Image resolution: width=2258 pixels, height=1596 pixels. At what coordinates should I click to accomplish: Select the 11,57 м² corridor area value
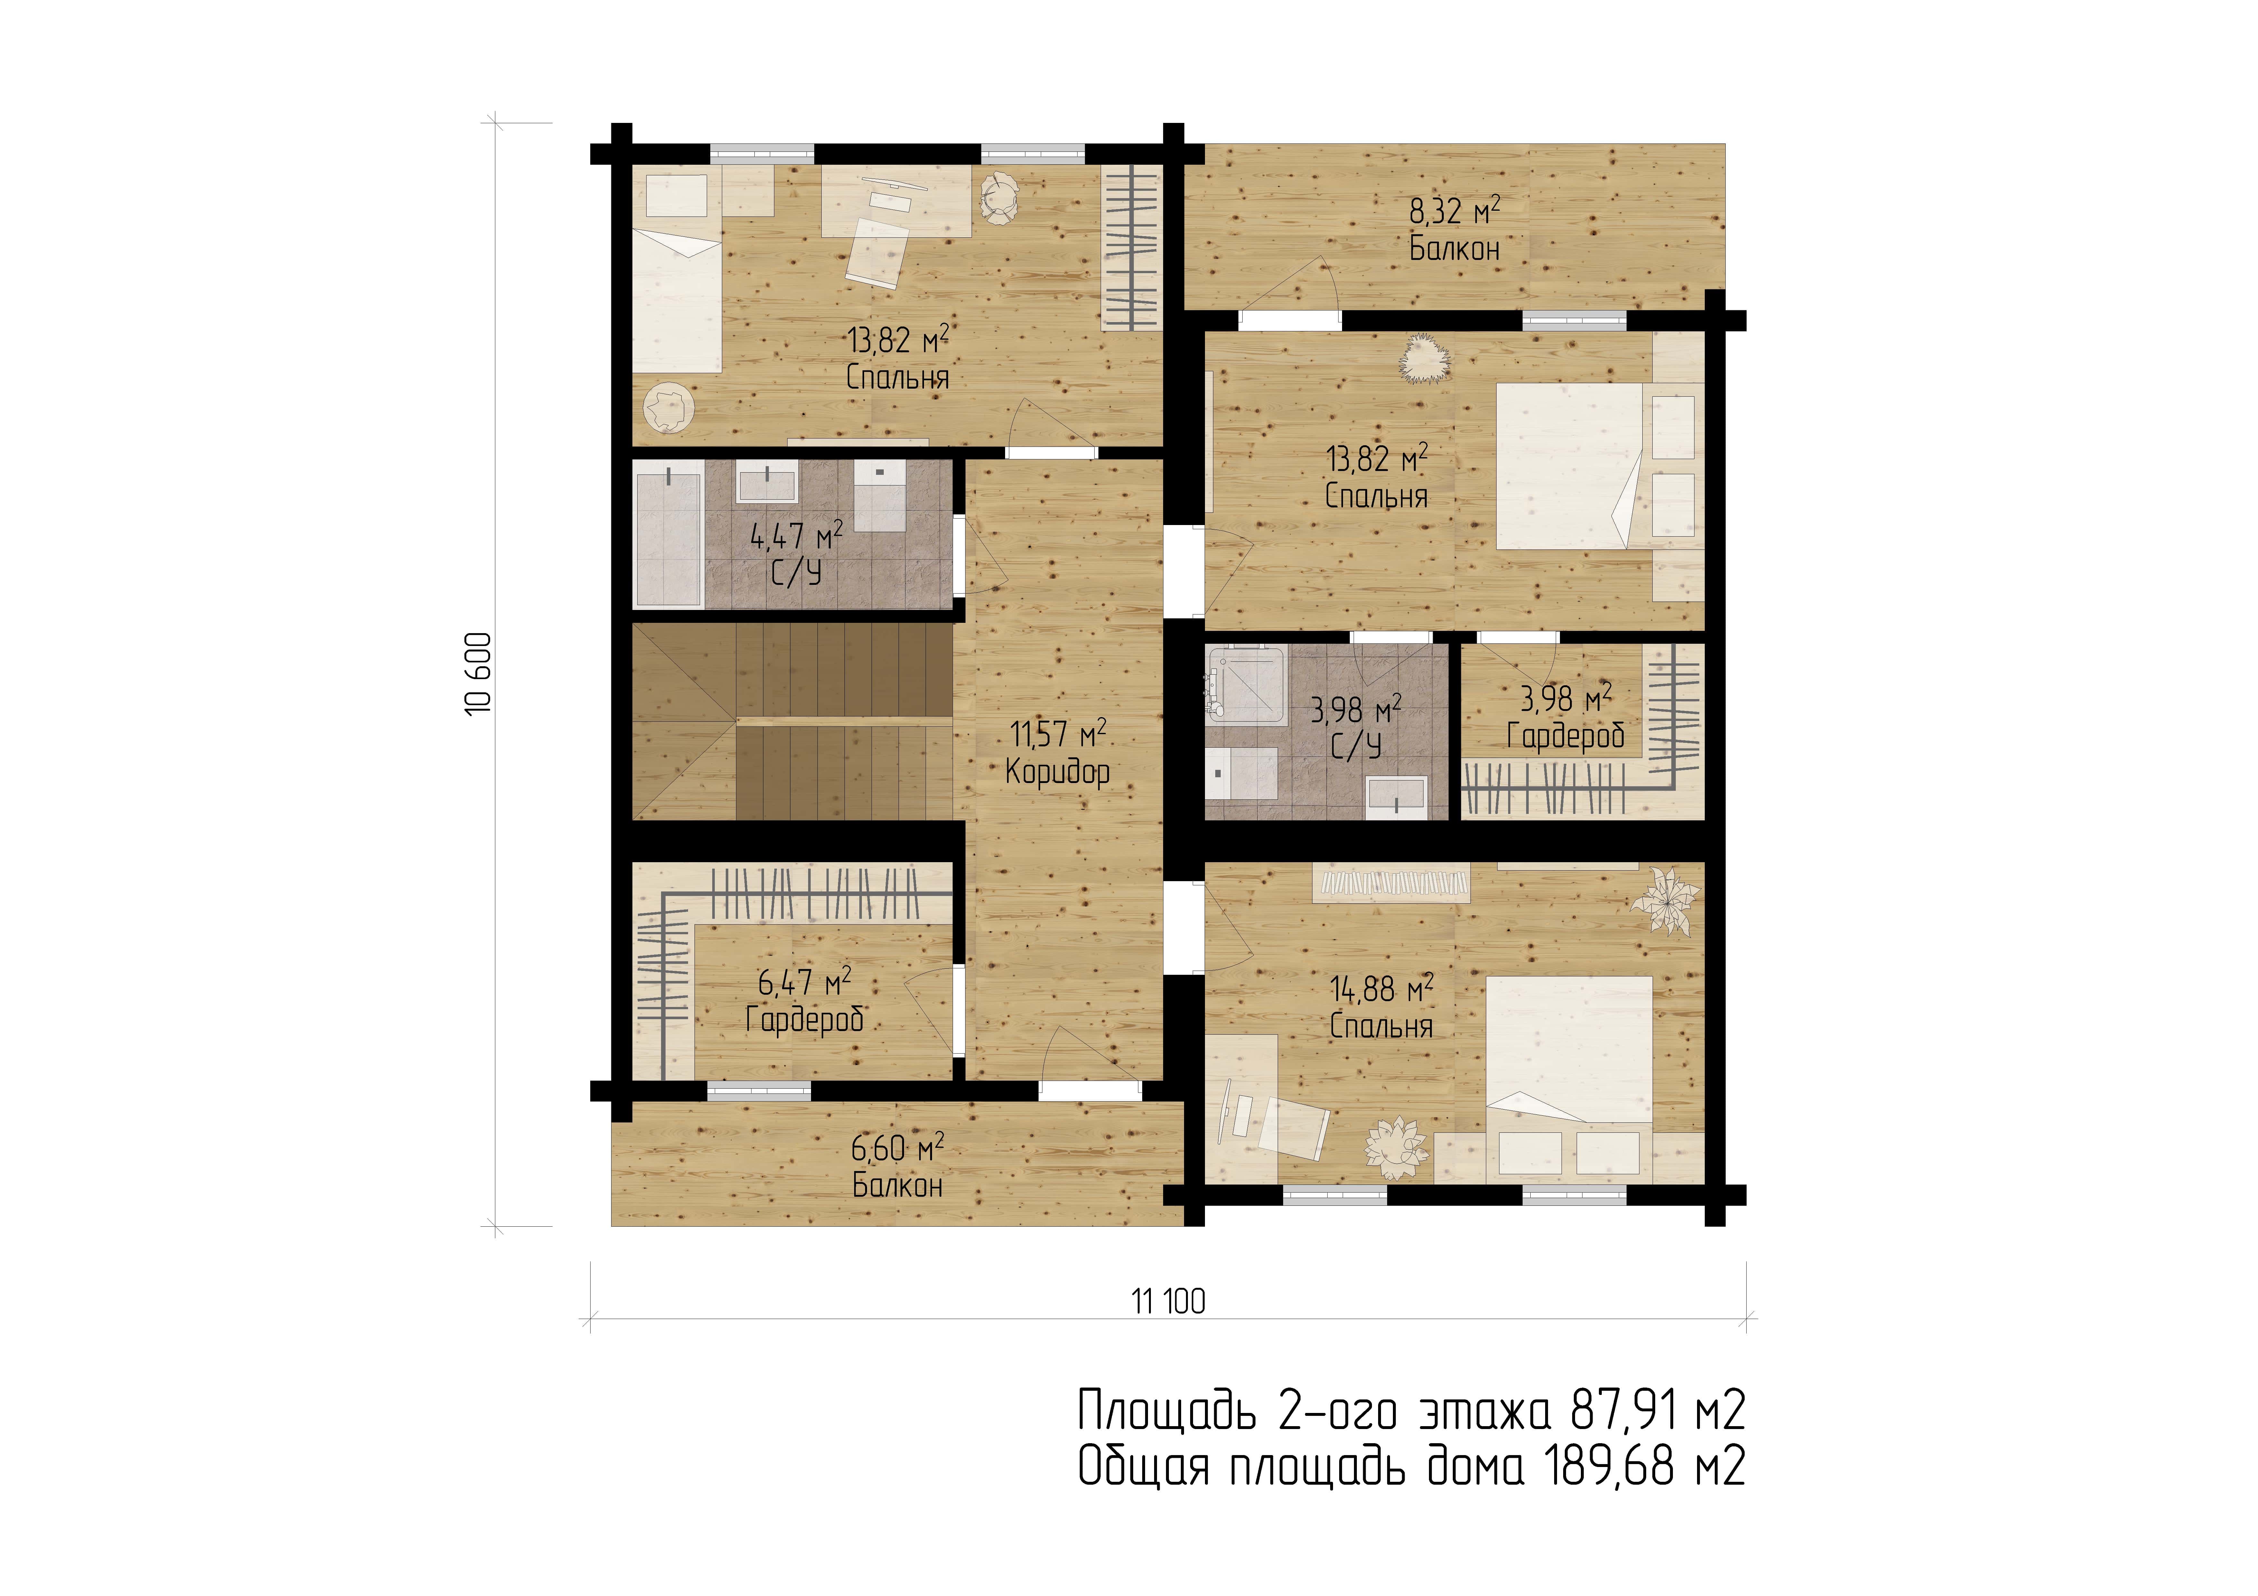1058,733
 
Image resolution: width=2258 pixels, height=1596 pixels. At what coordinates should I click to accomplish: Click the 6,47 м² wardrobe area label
805,982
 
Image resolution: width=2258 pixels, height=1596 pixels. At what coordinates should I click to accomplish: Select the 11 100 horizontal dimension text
1168,1302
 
